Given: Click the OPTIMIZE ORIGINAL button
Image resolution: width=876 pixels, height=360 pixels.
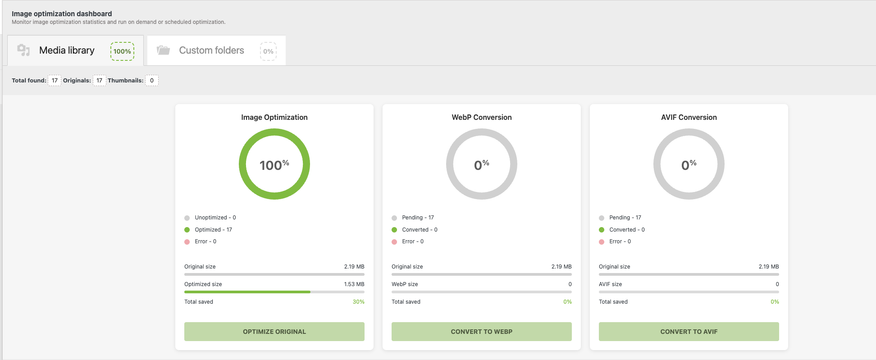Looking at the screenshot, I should tap(274, 332).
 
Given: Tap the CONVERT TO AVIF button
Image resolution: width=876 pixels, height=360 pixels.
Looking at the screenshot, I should tap(689, 332).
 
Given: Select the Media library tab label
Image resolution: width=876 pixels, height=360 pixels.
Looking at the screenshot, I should tap(67, 50).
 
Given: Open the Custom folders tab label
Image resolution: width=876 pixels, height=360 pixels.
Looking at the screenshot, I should tap(211, 50).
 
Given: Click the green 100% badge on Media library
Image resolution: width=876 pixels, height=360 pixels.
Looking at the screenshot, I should tap(122, 51).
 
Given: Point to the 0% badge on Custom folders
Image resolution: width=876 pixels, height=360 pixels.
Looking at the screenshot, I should tap(268, 51).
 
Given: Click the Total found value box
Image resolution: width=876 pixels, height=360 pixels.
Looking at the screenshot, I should tap(55, 81).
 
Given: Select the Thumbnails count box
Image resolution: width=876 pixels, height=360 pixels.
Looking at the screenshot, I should tap(152, 81).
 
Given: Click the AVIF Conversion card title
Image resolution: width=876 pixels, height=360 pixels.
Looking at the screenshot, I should tap(689, 117).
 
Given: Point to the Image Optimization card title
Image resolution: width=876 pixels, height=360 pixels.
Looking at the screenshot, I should tap(274, 117).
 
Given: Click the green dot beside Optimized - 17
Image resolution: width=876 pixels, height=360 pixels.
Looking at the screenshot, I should tap(187, 230).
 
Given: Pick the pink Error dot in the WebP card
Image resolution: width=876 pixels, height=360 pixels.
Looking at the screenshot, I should tap(394, 242).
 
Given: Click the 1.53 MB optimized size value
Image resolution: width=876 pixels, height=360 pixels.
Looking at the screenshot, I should tap(354, 284).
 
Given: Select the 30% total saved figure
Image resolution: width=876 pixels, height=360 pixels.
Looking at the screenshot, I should tap(358, 302).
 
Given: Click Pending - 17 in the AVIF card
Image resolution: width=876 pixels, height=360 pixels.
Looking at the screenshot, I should tap(625, 218).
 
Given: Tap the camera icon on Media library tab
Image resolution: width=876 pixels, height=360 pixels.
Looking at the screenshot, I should tap(23, 50).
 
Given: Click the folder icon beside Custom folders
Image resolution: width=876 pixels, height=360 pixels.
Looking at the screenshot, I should tap(163, 50).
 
